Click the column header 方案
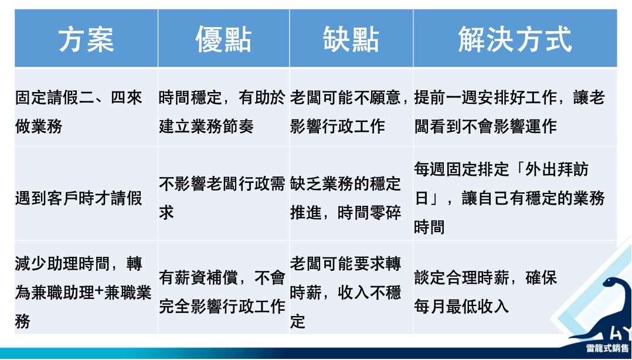pyautogui.click(x=86, y=39)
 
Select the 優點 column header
pyautogui.click(x=223, y=39)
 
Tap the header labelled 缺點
pyautogui.click(x=351, y=39)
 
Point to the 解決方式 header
pyautogui.click(x=515, y=39)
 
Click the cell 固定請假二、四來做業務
pyautogui.click(x=79, y=112)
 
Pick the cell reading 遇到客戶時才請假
pyautogui.click(x=79, y=198)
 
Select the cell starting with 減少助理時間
pyautogui.click(x=83, y=292)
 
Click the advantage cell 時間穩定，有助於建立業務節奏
pyautogui.click(x=222, y=112)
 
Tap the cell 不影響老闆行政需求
pyautogui.click(x=222, y=198)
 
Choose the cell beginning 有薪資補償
pyautogui.click(x=222, y=292)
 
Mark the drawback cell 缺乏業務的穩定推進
pyautogui.click(x=345, y=198)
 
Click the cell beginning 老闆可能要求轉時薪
pyautogui.click(x=345, y=292)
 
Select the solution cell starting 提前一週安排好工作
pyautogui.click(x=509, y=112)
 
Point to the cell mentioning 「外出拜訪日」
pyautogui.click(x=509, y=198)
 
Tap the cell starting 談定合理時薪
pyautogui.click(x=485, y=292)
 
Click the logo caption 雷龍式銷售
pyautogui.click(x=607, y=348)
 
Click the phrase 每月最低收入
pyautogui.click(x=461, y=307)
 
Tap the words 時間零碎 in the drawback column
pyautogui.click(x=369, y=213)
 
